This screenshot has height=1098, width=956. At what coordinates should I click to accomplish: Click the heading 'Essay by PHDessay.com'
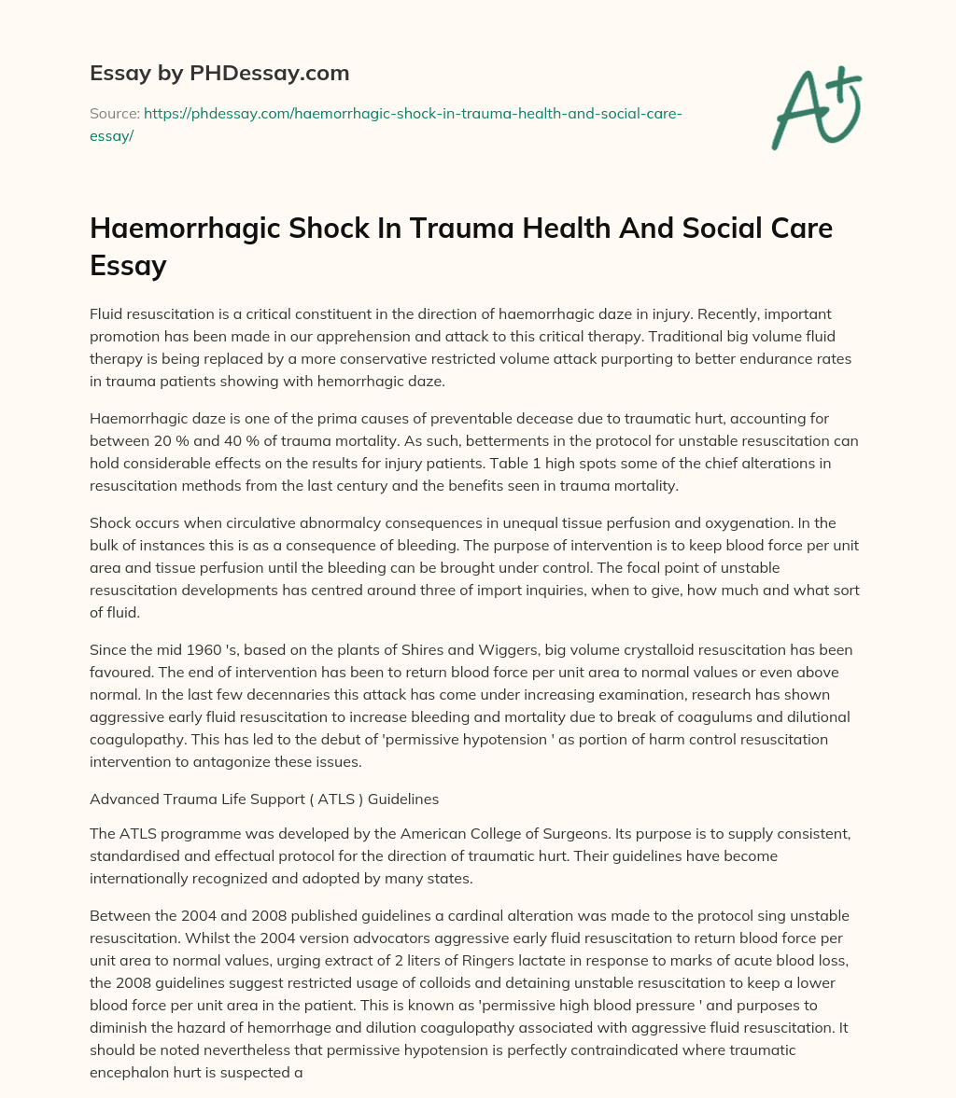[x=219, y=72]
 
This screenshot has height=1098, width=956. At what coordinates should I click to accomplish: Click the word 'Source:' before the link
[x=114, y=114]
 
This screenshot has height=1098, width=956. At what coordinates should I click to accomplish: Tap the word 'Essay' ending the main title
[x=128, y=266]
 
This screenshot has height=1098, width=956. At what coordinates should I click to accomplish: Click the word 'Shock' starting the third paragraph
[x=111, y=522]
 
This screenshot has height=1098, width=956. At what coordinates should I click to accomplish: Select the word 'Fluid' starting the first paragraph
[x=107, y=314]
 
